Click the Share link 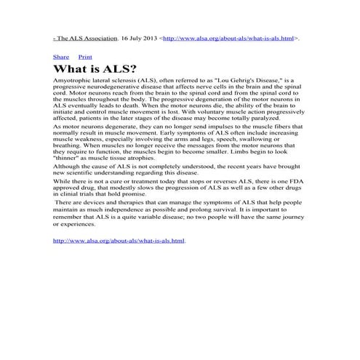(61, 56)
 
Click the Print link (85, 56)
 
